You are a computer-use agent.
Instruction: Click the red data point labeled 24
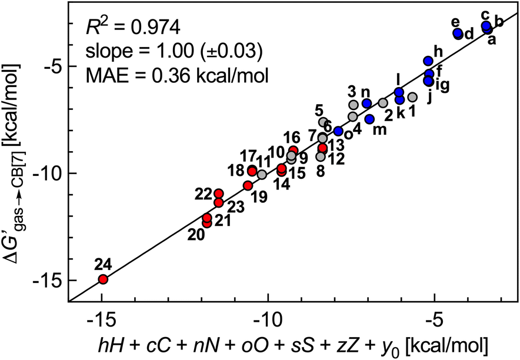coord(103,279)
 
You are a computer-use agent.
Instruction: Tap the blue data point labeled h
coord(428,61)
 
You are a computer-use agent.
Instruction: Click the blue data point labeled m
coord(369,119)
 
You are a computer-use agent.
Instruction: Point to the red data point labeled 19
coord(248,185)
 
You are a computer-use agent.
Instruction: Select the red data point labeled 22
coord(219,194)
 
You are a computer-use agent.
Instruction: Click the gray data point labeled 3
coord(354,105)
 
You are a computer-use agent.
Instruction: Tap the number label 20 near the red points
coord(196,234)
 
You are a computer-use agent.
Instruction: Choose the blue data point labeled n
coord(367,104)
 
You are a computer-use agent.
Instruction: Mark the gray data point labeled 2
coord(383,103)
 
